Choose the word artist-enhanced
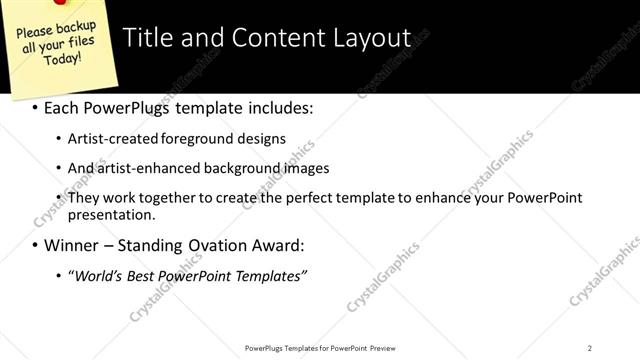tap(144, 168)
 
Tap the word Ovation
tap(233, 245)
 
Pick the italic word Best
tap(147, 275)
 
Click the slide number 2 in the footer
tap(590, 348)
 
